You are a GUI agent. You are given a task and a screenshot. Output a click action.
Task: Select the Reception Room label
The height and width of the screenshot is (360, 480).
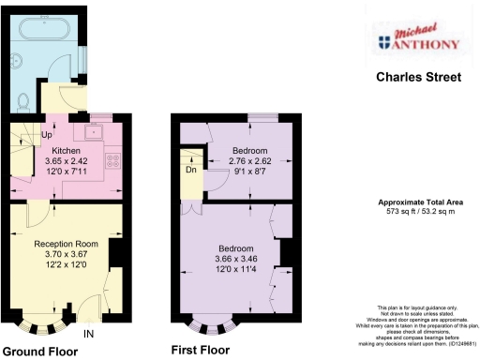tap(66, 244)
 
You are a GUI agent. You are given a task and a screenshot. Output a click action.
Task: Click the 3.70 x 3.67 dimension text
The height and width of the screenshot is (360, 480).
tap(66, 255)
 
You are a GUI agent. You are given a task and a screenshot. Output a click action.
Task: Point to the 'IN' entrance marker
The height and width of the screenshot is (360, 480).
tap(89, 333)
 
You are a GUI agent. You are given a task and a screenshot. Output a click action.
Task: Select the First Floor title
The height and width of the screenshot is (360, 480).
tap(200, 351)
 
